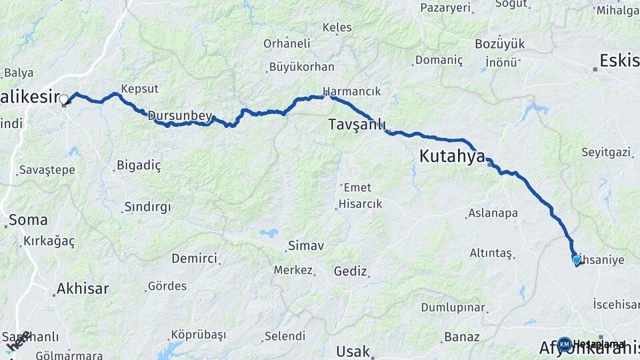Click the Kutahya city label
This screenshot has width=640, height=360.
[452, 157]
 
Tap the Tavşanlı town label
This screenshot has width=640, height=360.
[357, 125]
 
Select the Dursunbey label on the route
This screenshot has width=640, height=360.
[179, 116]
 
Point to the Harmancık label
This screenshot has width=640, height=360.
[351, 91]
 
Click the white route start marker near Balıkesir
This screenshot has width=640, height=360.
[64, 101]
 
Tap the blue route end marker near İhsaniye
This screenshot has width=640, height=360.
[577, 259]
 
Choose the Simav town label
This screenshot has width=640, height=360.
[305, 246]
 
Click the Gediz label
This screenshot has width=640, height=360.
[351, 271]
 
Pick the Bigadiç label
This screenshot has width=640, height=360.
[139, 165]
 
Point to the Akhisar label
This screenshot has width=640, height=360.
[82, 289]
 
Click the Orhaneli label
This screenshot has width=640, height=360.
[287, 43]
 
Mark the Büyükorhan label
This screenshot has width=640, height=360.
[301, 67]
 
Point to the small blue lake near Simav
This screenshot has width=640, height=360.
[269, 233]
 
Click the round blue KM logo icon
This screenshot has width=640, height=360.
[565, 344]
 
